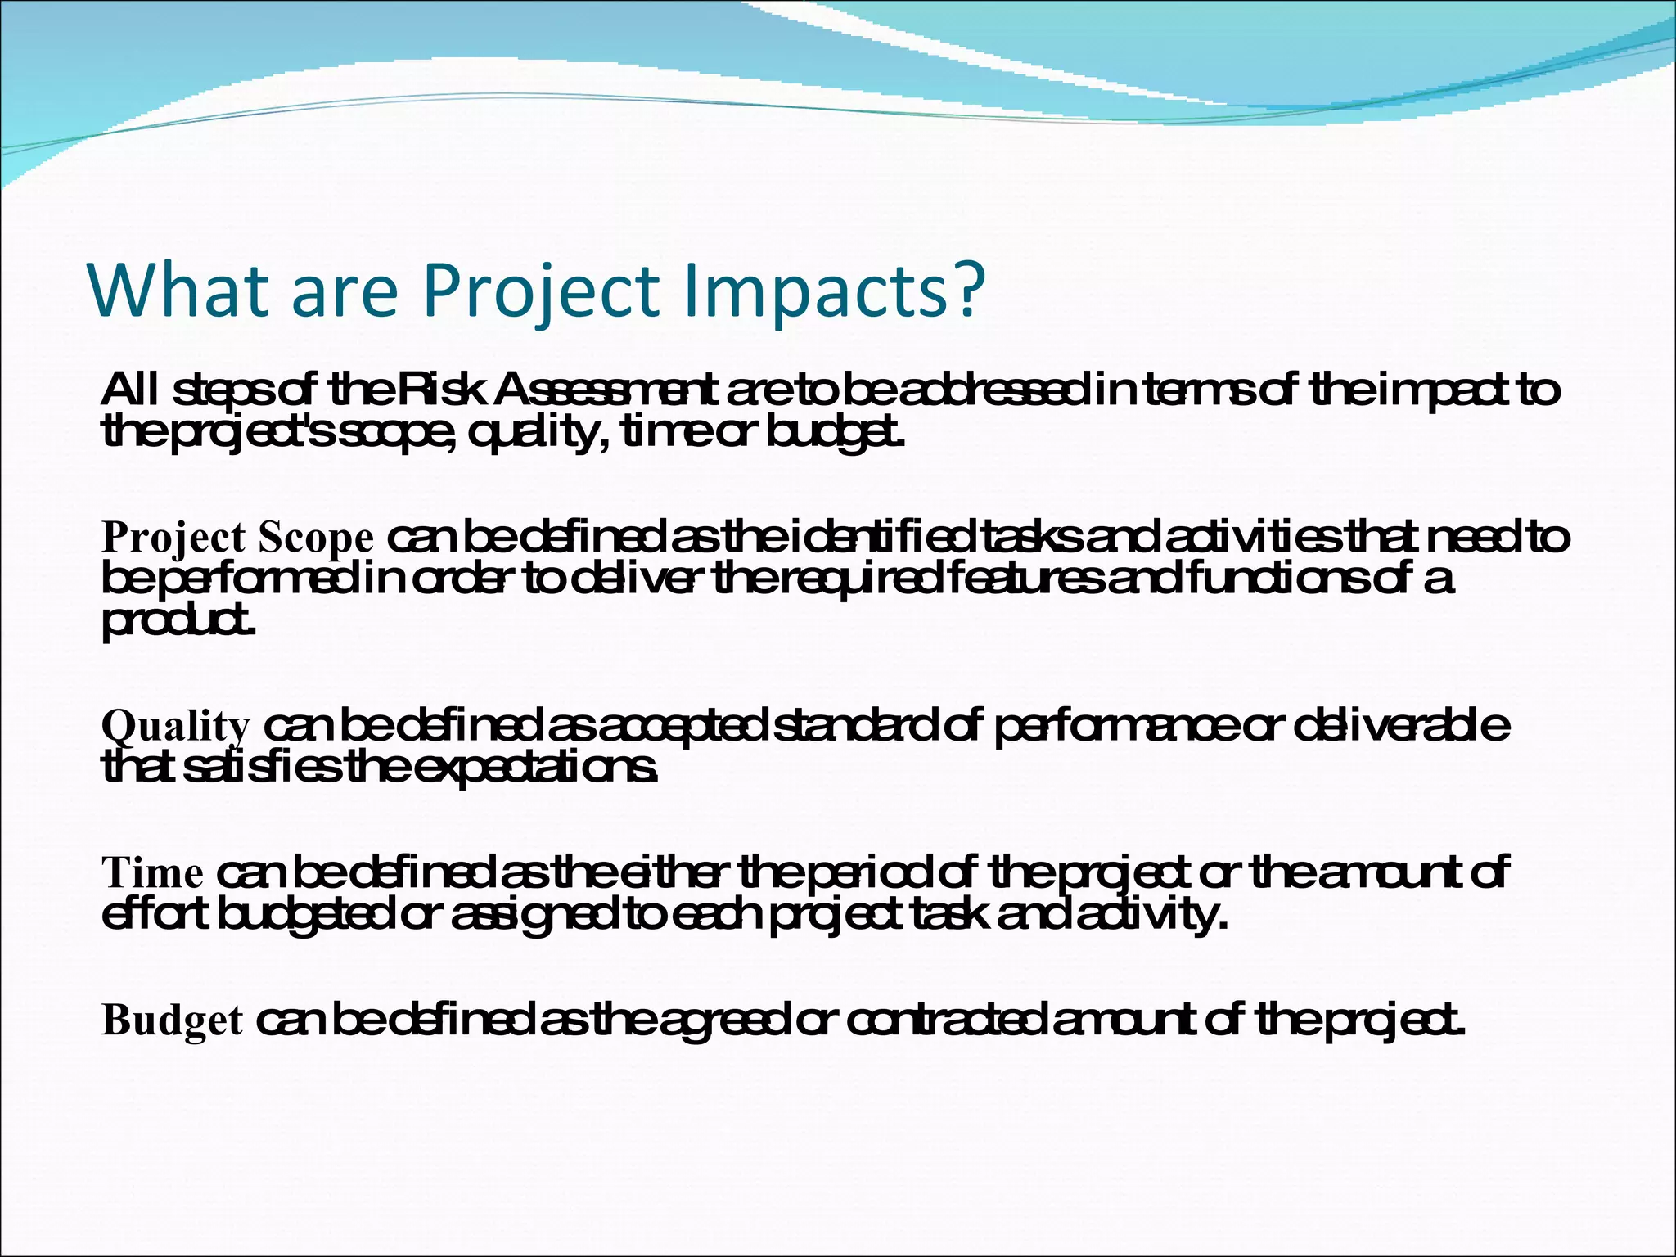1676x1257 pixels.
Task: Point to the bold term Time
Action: click(152, 873)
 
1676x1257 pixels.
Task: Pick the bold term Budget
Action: click(172, 1020)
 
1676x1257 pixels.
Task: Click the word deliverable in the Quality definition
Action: click(1402, 725)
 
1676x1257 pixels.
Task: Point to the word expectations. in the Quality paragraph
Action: click(541, 768)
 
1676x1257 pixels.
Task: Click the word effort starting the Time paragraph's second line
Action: click(154, 914)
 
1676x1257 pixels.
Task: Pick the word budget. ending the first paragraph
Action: click(836, 432)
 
